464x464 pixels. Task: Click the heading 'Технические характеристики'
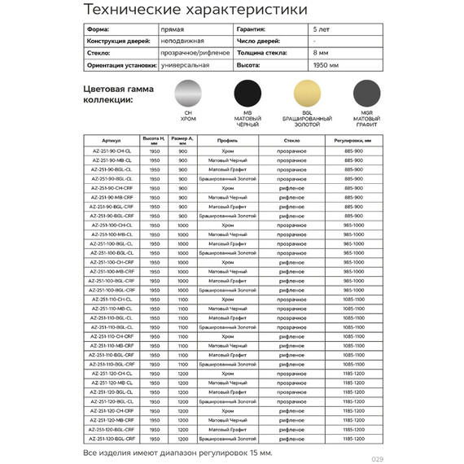tap(195, 10)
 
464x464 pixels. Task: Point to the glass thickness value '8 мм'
tap(321, 51)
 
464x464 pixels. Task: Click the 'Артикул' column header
tap(112, 140)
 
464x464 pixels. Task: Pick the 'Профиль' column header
tap(227, 140)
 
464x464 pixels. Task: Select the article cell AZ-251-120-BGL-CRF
tap(112, 438)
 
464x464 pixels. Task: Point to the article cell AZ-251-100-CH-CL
tap(112, 225)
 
